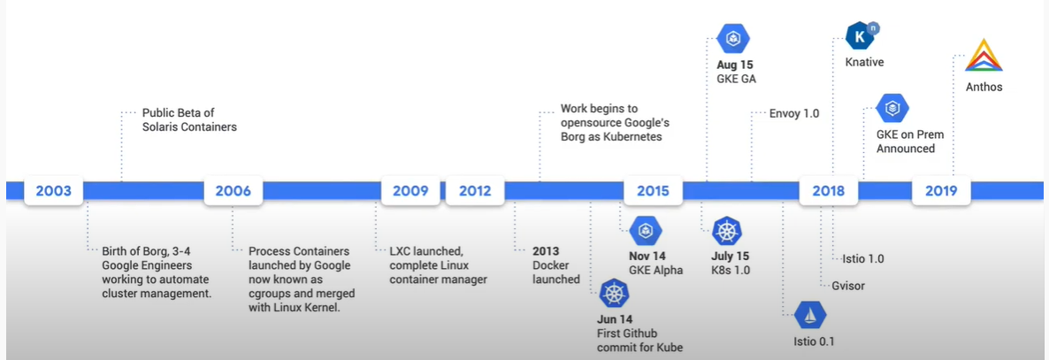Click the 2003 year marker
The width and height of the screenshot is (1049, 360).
(x=54, y=191)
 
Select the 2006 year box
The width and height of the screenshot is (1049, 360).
(x=233, y=191)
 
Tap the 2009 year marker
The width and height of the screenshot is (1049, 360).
(x=410, y=191)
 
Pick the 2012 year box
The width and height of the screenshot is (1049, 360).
(x=475, y=191)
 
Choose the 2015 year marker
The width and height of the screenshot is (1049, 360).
(x=653, y=191)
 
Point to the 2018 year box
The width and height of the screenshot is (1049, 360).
(x=828, y=191)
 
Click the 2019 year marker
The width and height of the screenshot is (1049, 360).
(x=941, y=191)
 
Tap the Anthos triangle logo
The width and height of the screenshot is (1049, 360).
(x=984, y=55)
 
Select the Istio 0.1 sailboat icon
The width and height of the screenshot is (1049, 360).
(x=810, y=315)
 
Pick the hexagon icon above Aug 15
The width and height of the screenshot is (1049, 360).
(x=732, y=39)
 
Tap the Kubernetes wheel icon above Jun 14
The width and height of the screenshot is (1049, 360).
(x=614, y=293)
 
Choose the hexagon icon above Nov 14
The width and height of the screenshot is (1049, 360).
(x=646, y=232)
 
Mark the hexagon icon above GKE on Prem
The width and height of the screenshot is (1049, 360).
(x=892, y=108)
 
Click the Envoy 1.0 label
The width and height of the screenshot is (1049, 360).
(x=794, y=113)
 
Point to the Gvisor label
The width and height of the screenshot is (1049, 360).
(x=848, y=286)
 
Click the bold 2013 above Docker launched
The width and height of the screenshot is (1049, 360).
(x=546, y=251)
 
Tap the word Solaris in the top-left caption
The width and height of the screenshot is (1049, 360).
(x=163, y=126)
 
